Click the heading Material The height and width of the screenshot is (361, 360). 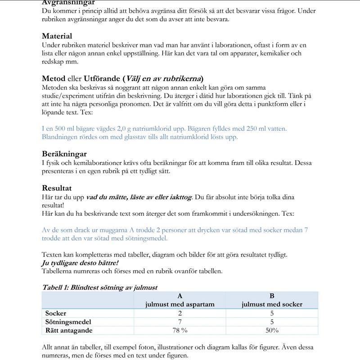(57, 36)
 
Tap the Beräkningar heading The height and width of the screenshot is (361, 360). (64, 154)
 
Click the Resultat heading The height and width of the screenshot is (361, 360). (57, 188)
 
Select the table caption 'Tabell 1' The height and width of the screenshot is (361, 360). (56, 287)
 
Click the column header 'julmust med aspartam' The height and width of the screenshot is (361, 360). (180, 304)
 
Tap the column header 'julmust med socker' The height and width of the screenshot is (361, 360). (272, 304)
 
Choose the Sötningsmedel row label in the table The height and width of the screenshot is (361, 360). (68, 322)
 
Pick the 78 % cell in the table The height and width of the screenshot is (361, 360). (180, 330)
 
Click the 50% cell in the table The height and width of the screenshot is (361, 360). (272, 330)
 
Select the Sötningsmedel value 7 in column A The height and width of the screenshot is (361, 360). (180, 322)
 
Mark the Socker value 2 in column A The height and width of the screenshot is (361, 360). (180, 313)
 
